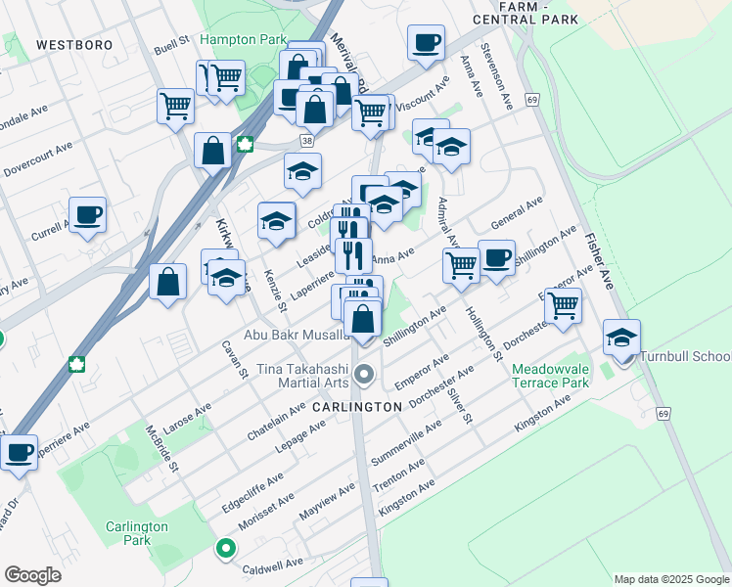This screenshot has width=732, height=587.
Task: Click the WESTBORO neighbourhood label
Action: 73,45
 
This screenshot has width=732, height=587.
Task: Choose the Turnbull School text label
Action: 685,356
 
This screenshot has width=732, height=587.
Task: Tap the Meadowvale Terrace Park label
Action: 550,376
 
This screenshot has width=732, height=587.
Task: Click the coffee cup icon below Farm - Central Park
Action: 426,44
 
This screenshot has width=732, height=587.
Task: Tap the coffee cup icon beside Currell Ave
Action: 86,215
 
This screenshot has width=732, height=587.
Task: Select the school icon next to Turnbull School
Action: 621,339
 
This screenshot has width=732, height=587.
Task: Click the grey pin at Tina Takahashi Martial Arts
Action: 365,374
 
